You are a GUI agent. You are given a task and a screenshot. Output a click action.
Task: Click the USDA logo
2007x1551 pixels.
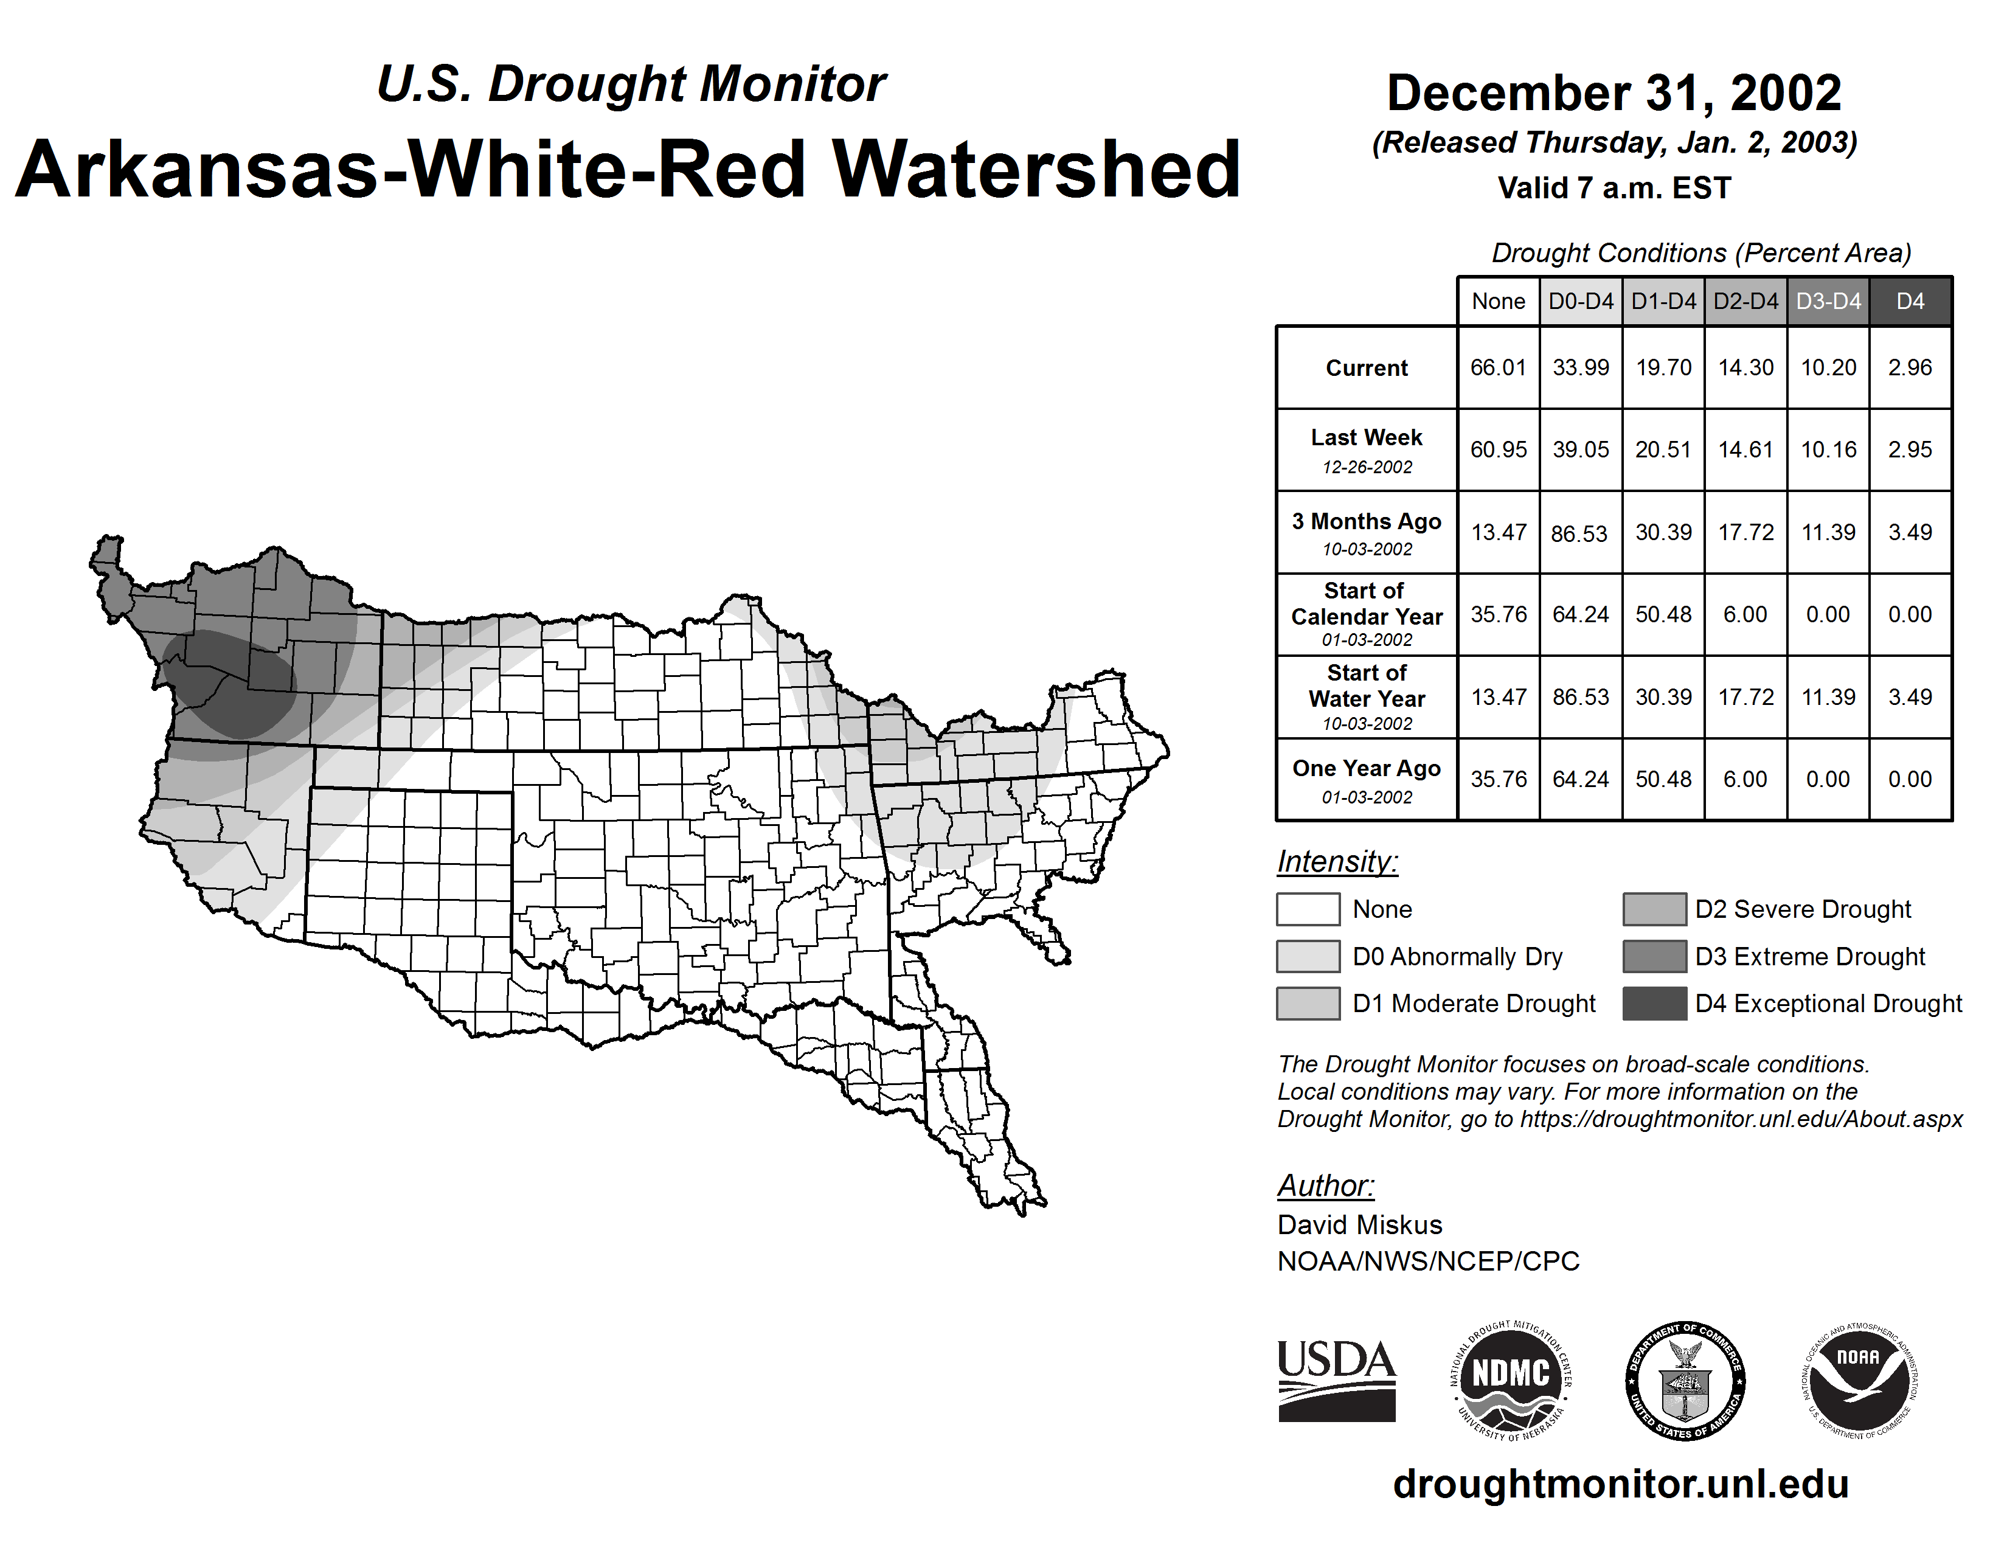pos(1336,1380)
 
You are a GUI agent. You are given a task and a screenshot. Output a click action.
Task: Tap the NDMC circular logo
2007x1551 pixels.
pos(1511,1380)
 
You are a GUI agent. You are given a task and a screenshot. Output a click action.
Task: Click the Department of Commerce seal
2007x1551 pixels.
pos(1685,1380)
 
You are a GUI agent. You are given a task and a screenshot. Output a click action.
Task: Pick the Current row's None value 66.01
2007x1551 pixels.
pos(1498,367)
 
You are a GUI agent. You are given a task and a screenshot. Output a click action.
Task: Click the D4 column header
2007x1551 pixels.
pos(1910,301)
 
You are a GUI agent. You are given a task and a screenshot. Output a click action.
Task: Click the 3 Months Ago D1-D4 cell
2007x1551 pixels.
pos(1663,532)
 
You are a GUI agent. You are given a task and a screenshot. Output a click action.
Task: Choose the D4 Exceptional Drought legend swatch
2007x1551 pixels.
pos(1654,1004)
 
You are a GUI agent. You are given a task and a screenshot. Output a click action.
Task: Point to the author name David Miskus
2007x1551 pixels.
pos(1359,1225)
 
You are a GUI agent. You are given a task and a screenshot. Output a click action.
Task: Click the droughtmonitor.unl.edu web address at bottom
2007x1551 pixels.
pos(1620,1484)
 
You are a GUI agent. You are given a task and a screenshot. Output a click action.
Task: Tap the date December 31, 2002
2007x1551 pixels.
pos(1614,93)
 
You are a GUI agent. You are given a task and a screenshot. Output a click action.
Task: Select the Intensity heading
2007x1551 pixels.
pos(1337,862)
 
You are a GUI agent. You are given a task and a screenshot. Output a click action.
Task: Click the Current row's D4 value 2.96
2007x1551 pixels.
pos(1910,367)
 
